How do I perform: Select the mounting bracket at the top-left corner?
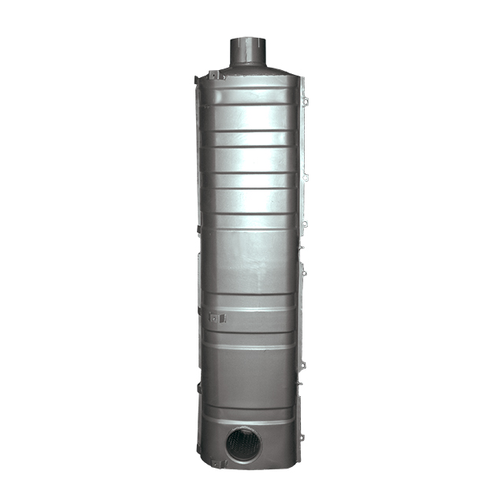pyautogui.click(x=214, y=76)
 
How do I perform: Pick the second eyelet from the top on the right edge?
pyautogui.click(x=305, y=177)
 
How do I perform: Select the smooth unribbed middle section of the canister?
pyautogui.click(x=250, y=260)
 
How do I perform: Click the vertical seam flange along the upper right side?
pyautogui.click(x=302, y=142)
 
